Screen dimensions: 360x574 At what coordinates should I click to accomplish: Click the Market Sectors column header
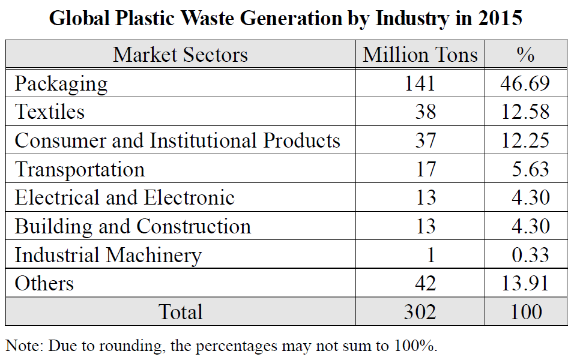point(180,55)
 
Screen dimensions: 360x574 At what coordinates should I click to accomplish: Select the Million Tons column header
point(420,55)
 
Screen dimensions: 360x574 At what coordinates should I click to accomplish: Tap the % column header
point(525,55)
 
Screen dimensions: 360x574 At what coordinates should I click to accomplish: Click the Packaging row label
point(61,83)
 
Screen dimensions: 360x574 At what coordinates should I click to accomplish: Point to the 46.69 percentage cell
point(525,83)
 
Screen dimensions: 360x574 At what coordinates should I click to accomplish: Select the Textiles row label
point(50,112)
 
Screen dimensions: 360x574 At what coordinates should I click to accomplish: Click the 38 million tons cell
point(424,112)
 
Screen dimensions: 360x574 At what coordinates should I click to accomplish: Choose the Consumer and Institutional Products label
point(177,140)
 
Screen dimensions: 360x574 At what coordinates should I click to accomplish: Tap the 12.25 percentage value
point(525,140)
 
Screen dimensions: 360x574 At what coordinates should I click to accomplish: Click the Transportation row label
point(80,169)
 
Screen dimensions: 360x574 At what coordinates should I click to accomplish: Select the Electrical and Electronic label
point(124,197)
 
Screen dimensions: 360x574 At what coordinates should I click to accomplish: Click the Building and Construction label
point(133,226)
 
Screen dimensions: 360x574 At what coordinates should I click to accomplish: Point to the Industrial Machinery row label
point(108,255)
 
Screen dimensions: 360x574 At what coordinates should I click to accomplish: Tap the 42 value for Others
point(424,283)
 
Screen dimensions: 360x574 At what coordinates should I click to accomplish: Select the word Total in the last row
point(180,312)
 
